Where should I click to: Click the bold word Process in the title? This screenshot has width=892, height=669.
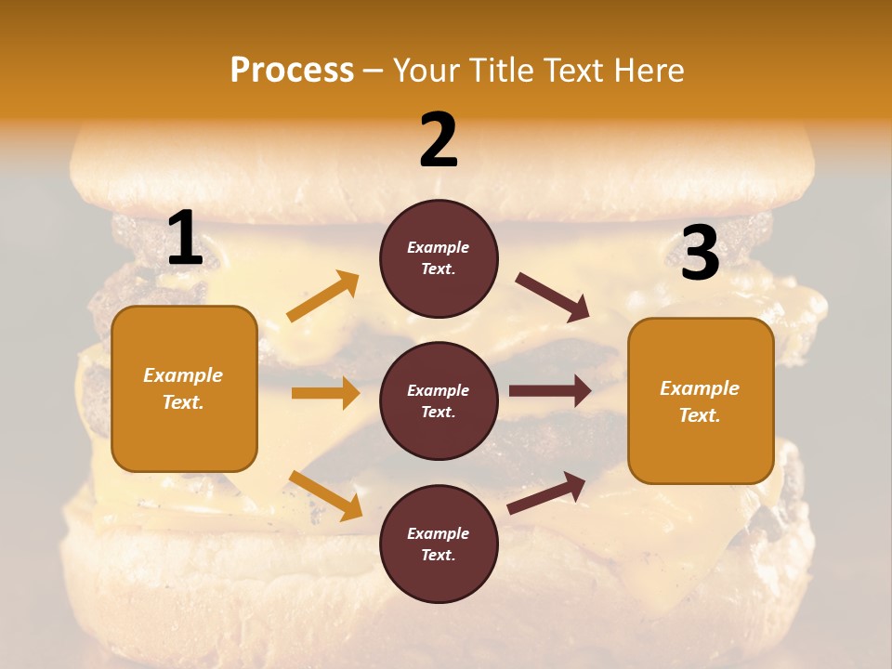pos(292,71)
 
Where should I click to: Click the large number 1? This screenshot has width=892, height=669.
pos(185,240)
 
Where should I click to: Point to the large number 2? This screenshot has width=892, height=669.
pos(439,140)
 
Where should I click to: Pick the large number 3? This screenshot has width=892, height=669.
pos(700,254)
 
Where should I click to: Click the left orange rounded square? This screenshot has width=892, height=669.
pos(184,388)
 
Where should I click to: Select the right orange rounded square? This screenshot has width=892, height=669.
pos(701,401)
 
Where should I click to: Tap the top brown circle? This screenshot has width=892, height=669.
pos(439,258)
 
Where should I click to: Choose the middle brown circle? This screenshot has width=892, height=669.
pos(439,400)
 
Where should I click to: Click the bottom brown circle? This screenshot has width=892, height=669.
pos(439,544)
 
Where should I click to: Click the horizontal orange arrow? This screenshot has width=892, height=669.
pos(325,393)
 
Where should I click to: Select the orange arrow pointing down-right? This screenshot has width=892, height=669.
pos(325,495)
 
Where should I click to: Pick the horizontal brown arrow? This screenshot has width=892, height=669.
pos(550,391)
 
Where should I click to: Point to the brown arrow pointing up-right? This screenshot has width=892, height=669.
pos(546,492)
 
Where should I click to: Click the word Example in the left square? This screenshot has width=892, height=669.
pos(183,375)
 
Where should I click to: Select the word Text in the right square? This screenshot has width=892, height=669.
pos(699,415)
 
